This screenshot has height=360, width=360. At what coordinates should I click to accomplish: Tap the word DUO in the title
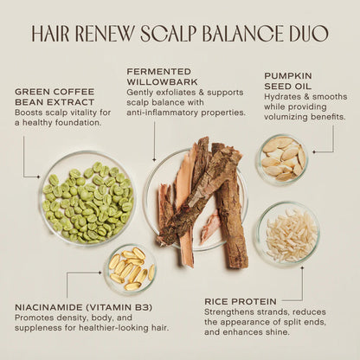coord(307,34)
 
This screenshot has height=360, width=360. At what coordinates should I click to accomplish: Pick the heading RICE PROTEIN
coord(241,300)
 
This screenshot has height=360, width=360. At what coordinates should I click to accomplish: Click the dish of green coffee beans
coord(87,200)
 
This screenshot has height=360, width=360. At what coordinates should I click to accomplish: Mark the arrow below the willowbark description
coord(155,141)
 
